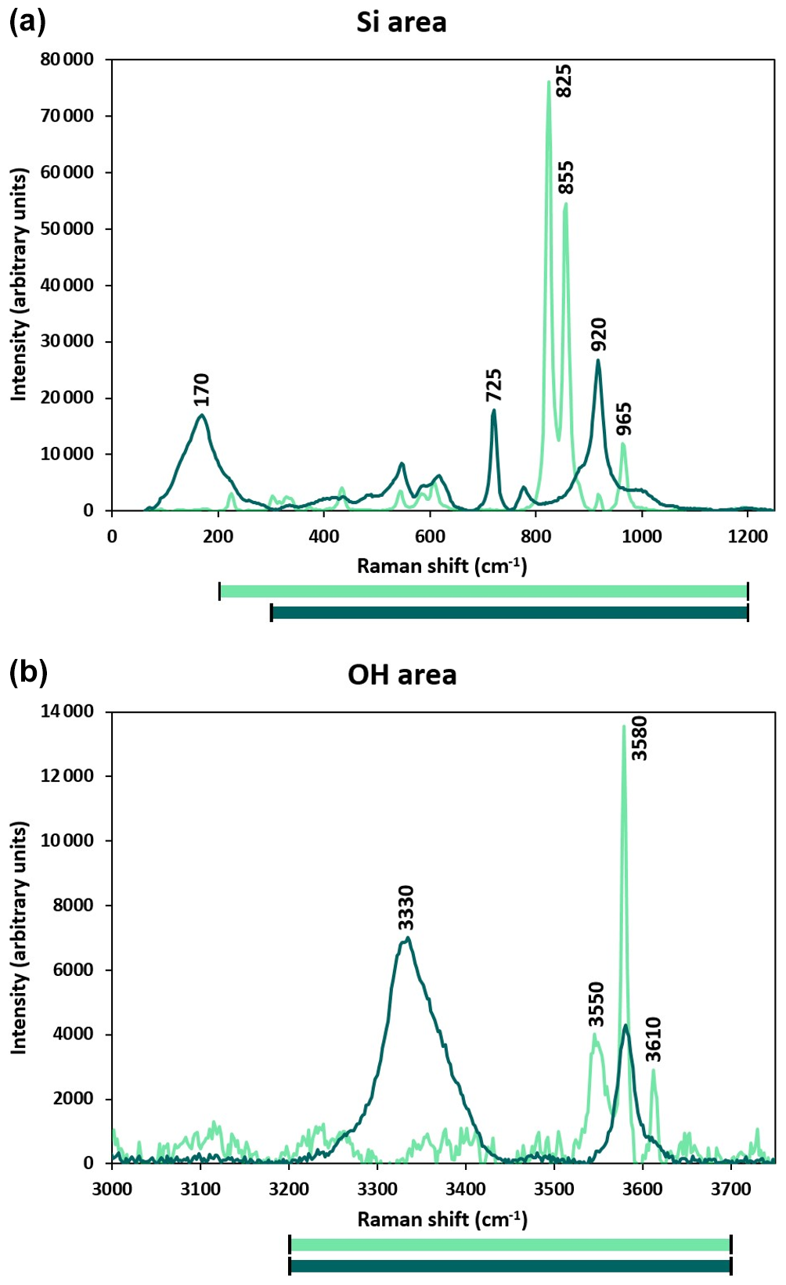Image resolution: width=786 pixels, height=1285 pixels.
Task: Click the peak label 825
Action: point(564,81)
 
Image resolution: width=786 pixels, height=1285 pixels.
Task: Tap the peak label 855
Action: point(566,177)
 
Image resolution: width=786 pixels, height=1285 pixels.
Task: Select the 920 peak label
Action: point(599,335)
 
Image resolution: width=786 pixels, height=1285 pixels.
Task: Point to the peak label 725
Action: point(494,385)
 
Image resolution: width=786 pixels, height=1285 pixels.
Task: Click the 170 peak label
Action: point(202,390)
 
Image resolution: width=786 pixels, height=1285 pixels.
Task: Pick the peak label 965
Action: point(624,419)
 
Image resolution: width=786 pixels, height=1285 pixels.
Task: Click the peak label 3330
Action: point(406,907)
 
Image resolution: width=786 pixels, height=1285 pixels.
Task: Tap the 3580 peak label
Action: point(640,738)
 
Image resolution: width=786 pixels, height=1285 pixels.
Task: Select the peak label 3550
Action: point(597,1004)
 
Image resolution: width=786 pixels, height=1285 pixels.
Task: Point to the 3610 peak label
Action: point(654,1039)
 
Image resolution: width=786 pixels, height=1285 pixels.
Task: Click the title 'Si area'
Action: point(402,22)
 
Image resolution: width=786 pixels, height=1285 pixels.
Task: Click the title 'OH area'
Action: point(402,675)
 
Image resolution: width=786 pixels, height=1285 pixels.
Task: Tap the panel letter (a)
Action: point(27,21)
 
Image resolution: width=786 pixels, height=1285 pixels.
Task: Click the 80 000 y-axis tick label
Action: point(67,59)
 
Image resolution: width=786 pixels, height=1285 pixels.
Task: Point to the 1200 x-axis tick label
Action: point(748,536)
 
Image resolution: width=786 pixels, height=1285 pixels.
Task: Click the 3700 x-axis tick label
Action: point(730,1190)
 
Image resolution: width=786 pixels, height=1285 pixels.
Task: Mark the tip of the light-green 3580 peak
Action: point(624,725)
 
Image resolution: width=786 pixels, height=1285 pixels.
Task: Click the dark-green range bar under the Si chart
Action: point(510,612)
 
